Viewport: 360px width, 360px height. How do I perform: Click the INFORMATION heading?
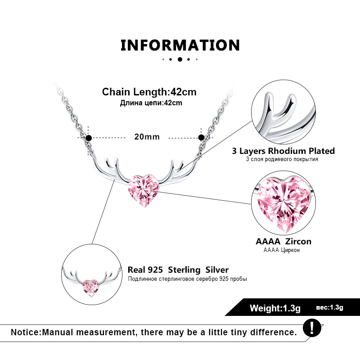click(180, 45)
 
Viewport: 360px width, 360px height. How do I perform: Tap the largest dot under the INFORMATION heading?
click(180, 59)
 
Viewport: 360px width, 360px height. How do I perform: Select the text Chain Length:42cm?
click(149, 92)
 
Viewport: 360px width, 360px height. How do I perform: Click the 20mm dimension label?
click(147, 137)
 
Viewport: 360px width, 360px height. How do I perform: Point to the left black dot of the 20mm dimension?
click(89, 138)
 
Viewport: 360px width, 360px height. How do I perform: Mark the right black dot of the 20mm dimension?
click(201, 138)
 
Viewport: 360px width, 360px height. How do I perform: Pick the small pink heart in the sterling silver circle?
click(91, 288)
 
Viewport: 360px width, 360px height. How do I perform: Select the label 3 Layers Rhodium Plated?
click(283, 151)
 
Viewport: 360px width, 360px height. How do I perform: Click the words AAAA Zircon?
click(283, 241)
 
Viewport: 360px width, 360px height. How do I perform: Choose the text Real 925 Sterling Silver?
click(178, 270)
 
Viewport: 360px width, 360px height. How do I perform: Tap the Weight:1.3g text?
click(275, 308)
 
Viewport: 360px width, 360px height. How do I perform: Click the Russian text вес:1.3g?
click(329, 307)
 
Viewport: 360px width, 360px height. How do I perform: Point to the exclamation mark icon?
click(312, 328)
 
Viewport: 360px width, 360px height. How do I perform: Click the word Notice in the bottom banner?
click(25, 332)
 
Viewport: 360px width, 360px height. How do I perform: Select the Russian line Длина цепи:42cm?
click(151, 103)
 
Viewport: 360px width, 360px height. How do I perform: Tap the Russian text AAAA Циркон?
click(282, 250)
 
